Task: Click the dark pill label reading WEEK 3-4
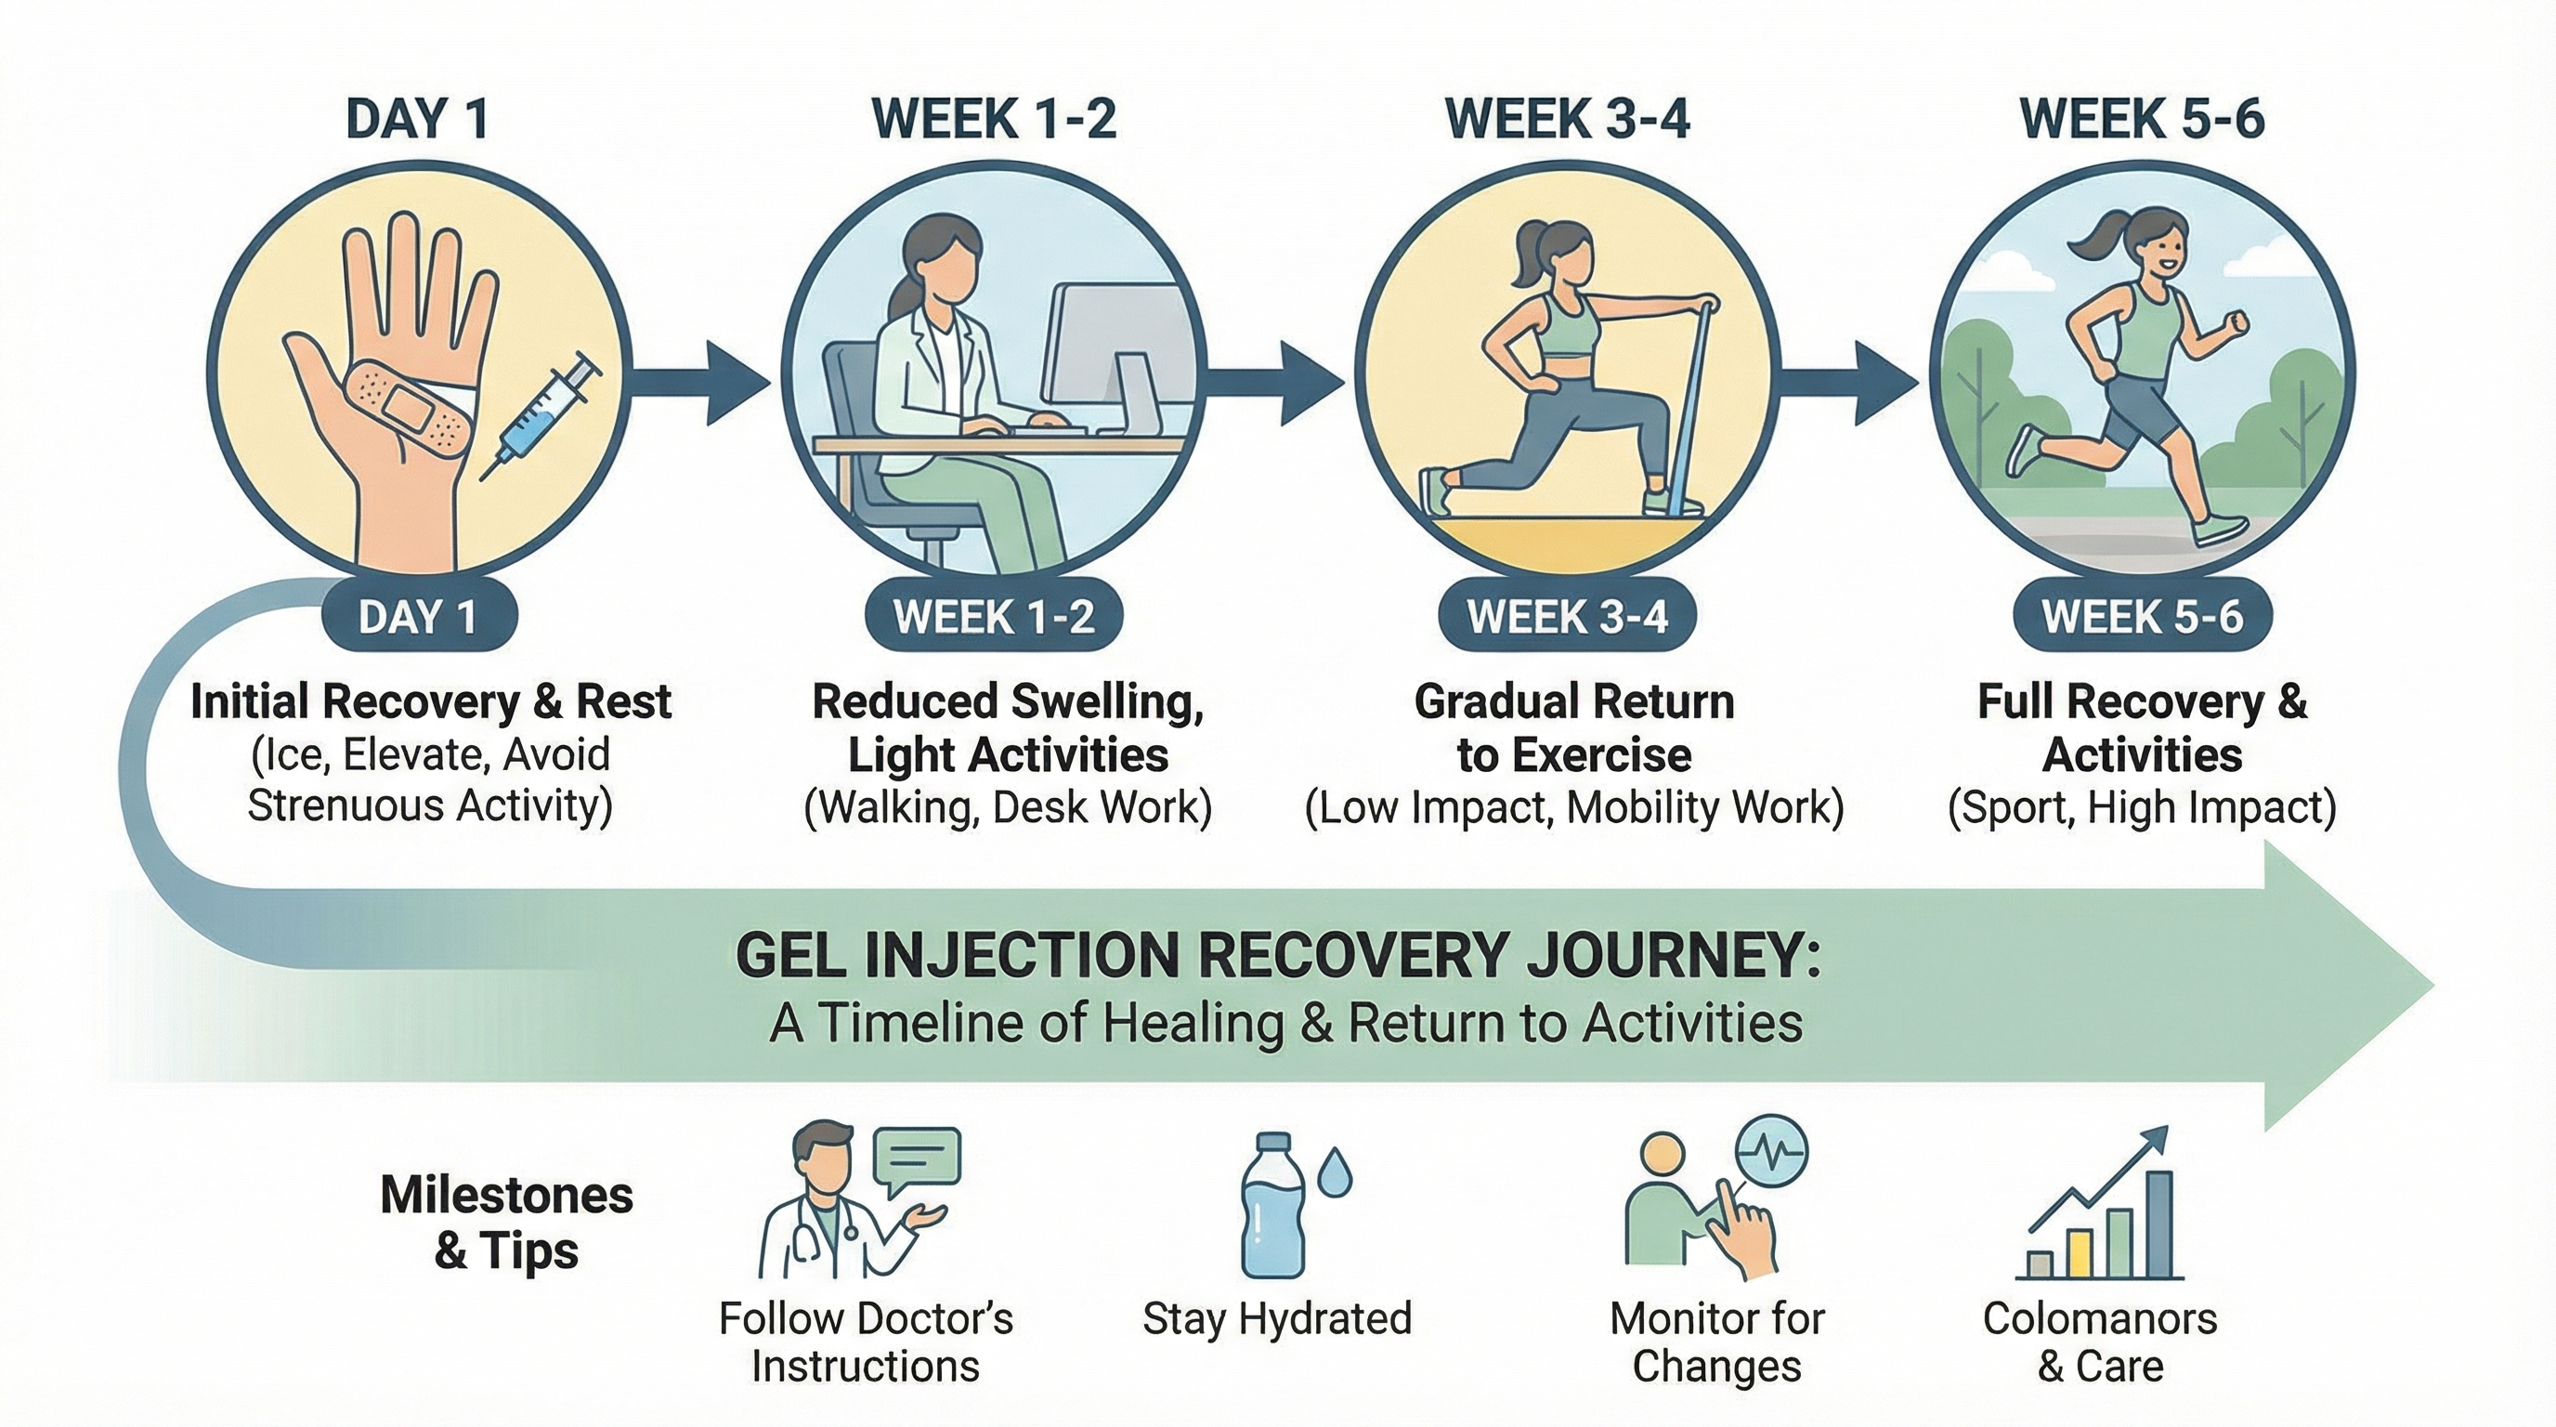point(1567,617)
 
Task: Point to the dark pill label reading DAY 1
point(418,617)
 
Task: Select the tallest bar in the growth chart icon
point(2159,1224)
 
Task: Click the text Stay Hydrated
point(1276,1319)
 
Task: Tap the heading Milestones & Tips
point(506,1223)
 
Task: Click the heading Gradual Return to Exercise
point(1573,728)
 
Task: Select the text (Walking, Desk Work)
point(1007,807)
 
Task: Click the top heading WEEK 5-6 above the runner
point(2141,120)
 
